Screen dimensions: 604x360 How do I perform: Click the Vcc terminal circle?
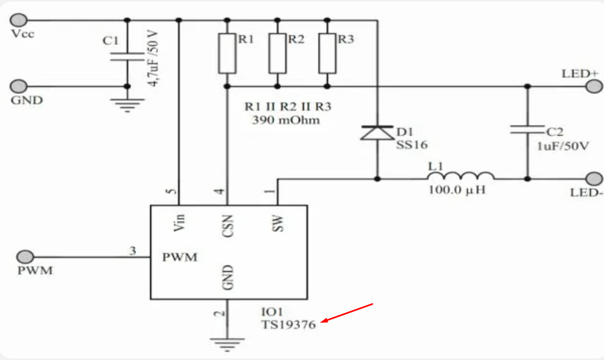coord(18,20)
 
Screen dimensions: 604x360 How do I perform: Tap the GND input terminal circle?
coord(18,86)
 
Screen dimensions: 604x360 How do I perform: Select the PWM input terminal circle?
coord(25,256)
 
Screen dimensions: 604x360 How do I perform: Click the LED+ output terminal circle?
coord(594,86)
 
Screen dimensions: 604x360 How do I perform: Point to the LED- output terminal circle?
coord(594,179)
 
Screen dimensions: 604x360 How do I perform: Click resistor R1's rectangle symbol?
coord(227,54)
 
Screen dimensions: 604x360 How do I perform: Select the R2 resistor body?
coord(278,54)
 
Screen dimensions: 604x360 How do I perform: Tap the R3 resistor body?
coord(327,54)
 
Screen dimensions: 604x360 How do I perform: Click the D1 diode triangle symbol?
coord(377,133)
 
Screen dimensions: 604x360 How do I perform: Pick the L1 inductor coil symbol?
coord(461,176)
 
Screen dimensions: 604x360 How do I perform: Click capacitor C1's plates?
coord(127,57)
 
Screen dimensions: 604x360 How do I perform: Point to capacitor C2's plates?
coord(527,129)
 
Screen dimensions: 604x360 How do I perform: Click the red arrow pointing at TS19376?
coord(347,312)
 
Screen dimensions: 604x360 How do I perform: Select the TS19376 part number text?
coord(288,325)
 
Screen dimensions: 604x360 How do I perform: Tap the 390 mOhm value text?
coord(286,120)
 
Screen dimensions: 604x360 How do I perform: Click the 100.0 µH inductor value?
coord(457,190)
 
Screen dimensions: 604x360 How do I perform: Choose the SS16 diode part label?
coord(412,145)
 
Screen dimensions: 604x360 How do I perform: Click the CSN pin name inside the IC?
coord(228,226)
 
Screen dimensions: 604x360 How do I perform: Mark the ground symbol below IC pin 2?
coord(227,344)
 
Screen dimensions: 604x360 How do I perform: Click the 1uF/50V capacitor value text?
coord(563,146)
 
